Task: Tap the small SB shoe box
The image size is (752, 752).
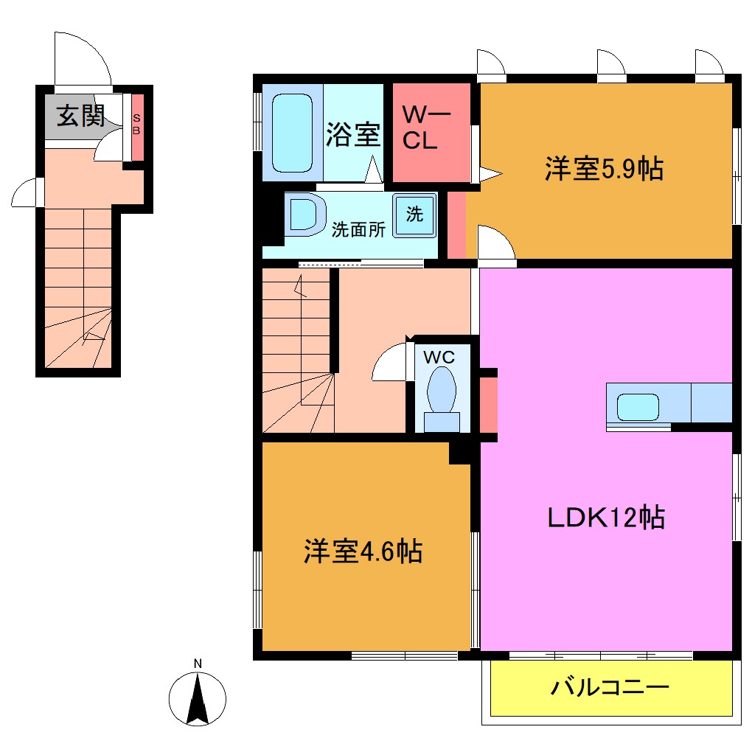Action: click(136, 126)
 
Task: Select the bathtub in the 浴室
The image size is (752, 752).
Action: click(293, 132)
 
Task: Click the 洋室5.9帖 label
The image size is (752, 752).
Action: click(603, 169)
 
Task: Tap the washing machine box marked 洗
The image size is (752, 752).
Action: click(414, 215)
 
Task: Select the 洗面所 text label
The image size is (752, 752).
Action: click(358, 229)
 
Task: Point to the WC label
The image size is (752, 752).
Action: click(439, 357)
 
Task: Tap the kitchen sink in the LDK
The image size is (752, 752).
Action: click(638, 407)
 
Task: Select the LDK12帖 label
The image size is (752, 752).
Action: click(606, 518)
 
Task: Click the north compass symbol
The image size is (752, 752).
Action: click(198, 697)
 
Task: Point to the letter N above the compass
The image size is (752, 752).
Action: click(198, 664)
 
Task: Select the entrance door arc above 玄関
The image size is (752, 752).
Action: click(83, 59)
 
